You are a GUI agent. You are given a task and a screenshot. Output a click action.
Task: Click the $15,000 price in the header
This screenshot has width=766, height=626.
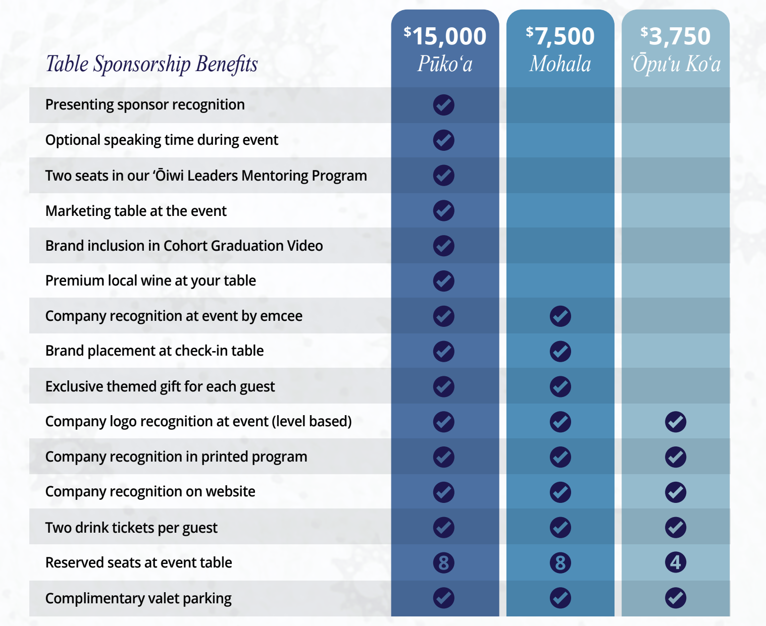tap(445, 36)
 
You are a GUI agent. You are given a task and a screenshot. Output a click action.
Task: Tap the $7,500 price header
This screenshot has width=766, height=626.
tap(560, 36)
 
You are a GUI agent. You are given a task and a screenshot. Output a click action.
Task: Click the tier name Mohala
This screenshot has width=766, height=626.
tap(560, 64)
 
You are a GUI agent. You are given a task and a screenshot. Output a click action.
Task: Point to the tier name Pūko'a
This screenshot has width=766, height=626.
tap(445, 64)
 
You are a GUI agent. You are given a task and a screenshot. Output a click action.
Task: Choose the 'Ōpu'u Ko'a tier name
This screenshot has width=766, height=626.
tap(675, 64)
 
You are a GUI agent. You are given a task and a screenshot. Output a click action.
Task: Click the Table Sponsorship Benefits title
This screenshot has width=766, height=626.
tap(151, 64)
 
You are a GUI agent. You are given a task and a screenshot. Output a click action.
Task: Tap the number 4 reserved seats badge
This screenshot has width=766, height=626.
tap(676, 562)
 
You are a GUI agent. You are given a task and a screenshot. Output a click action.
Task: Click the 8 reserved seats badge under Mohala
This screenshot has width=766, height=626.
tap(560, 562)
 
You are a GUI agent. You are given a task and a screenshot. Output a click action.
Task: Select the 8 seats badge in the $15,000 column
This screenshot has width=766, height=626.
tap(444, 562)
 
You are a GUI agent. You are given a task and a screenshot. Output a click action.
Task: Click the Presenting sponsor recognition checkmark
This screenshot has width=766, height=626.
tap(444, 105)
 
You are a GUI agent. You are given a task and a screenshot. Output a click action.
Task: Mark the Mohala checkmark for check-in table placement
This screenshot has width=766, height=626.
tap(560, 351)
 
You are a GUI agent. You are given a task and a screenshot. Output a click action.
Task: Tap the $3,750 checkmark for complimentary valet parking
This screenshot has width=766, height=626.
tap(676, 598)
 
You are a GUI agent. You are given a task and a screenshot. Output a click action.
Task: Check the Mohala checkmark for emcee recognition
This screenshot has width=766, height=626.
tap(560, 316)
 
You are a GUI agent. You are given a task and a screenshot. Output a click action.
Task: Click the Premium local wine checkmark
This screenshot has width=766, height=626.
tap(444, 281)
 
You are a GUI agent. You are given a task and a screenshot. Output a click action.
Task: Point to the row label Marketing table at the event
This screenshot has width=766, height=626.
tap(136, 211)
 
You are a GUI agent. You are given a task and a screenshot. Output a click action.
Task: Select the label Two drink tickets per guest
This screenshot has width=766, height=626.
tap(131, 528)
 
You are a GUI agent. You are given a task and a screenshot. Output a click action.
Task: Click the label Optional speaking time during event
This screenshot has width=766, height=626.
tap(162, 140)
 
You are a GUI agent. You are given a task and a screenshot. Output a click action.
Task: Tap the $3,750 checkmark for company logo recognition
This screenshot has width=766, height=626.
tap(676, 422)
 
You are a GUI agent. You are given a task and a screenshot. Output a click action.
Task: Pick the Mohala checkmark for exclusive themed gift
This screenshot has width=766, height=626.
tap(560, 386)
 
